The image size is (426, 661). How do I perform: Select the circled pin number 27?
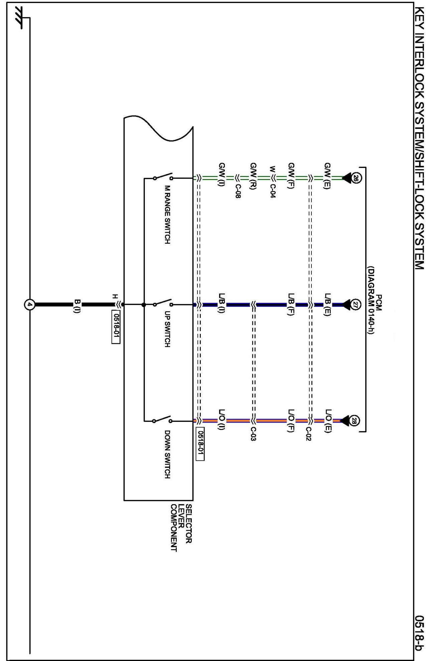[x=356, y=304]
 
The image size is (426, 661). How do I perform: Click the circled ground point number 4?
[x=30, y=304]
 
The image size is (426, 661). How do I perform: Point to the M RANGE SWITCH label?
[x=167, y=215]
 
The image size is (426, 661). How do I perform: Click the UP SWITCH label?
[x=167, y=329]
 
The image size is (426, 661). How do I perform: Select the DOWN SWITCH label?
[x=167, y=454]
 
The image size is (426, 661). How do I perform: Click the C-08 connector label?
[x=238, y=192]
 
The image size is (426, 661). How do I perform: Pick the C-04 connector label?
[x=273, y=192]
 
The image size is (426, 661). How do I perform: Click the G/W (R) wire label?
[x=254, y=176]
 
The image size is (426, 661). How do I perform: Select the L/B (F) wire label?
[x=291, y=304]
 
